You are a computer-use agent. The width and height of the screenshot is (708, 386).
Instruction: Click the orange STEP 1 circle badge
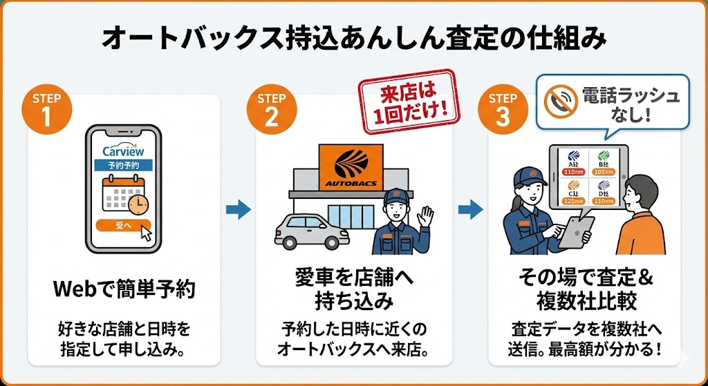[46, 110]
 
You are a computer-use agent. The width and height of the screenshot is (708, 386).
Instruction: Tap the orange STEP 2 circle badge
[272, 110]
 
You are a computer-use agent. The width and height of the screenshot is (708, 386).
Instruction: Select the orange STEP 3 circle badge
[503, 110]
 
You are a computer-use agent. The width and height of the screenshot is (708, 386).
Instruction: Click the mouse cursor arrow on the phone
[146, 233]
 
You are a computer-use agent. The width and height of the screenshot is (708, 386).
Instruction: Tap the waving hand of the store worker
[426, 217]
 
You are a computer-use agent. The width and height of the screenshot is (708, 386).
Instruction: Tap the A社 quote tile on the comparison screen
[571, 163]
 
